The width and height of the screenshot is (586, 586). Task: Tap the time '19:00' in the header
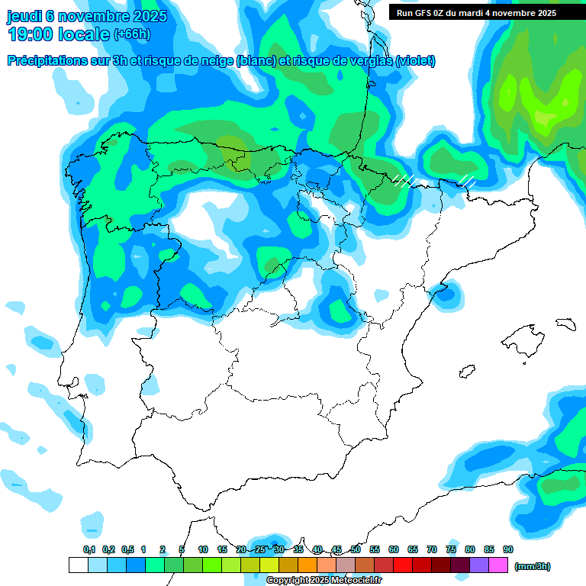coord(31,34)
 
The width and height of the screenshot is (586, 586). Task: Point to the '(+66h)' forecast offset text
coord(132,34)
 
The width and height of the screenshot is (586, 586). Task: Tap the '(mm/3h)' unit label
coord(533,566)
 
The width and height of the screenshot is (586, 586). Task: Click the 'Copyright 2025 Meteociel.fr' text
coord(324,581)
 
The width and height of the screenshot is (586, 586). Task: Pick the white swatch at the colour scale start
coord(78,565)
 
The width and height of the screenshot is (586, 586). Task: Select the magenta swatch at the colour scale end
coord(498,565)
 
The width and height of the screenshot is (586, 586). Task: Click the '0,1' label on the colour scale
coord(89,550)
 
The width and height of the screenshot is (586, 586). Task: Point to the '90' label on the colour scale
coord(507,550)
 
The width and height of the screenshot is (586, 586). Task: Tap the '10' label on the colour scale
coord(203,550)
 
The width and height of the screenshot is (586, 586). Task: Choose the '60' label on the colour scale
coord(394,550)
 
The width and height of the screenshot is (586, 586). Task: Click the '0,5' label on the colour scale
coord(127,550)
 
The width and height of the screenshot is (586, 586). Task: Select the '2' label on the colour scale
coord(163,550)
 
